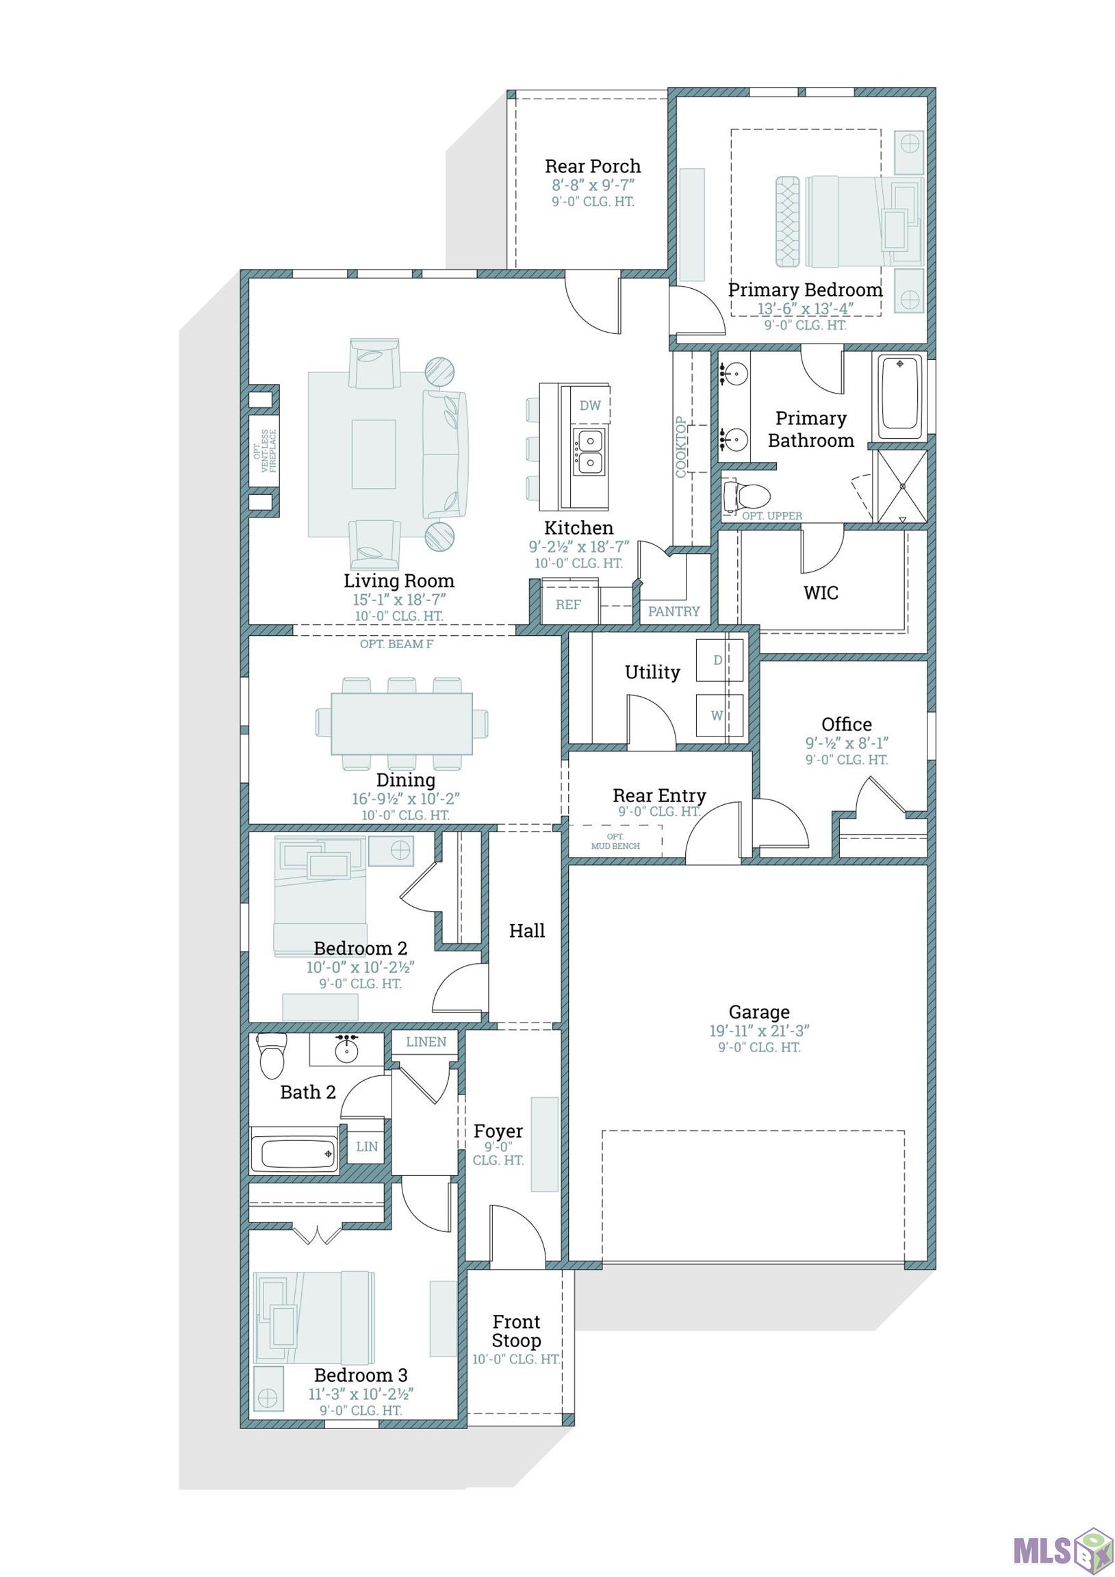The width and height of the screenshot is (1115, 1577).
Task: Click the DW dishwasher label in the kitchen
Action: tap(590, 406)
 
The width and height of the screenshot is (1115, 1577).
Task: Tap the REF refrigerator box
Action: tap(569, 604)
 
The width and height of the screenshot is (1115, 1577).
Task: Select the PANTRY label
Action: tap(674, 611)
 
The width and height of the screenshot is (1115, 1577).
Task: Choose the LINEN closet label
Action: tap(426, 1042)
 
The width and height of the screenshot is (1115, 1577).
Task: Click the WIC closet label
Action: tap(821, 593)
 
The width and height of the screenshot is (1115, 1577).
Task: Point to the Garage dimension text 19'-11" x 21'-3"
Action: tap(759, 1031)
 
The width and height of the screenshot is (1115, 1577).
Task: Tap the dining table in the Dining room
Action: tap(402, 723)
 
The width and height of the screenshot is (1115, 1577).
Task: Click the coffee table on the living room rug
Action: tap(374, 454)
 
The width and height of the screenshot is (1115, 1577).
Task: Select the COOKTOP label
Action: tap(681, 446)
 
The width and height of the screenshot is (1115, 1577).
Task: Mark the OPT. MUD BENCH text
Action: tap(615, 841)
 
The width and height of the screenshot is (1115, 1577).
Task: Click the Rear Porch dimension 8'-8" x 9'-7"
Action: tap(593, 185)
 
